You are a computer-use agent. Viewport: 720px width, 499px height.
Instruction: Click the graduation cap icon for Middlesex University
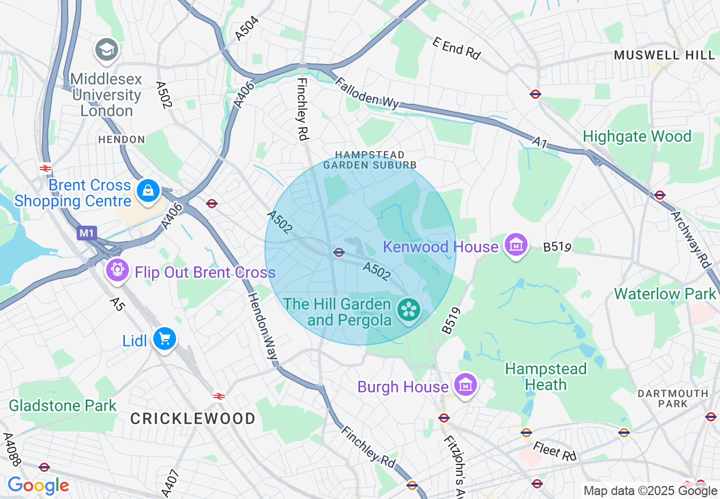tap(107, 50)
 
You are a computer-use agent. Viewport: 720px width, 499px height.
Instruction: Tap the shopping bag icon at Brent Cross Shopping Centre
tap(148, 191)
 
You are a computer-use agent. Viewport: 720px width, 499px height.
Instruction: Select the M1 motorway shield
tap(87, 233)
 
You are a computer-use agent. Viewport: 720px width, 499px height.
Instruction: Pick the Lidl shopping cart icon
tap(165, 339)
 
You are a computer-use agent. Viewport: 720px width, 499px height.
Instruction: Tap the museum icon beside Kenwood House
tap(516, 246)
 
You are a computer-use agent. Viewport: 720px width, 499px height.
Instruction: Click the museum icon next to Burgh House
tap(466, 386)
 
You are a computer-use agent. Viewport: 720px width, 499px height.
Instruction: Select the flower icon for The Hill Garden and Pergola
tap(408, 310)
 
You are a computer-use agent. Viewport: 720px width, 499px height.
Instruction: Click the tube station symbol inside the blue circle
tap(339, 252)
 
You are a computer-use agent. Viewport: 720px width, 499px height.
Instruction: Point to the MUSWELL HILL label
tap(664, 55)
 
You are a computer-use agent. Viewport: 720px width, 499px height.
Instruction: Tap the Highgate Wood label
tap(637, 137)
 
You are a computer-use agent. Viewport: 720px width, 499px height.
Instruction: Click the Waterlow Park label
tap(665, 294)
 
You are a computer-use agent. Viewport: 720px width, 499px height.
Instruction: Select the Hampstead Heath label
tap(545, 377)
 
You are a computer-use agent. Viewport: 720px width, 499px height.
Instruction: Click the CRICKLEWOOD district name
tap(192, 419)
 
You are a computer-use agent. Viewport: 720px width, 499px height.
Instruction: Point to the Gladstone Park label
tap(62, 405)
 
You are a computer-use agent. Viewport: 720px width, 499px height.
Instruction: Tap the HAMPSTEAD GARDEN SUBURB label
tap(370, 159)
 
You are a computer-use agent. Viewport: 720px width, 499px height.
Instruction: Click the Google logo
tap(38, 486)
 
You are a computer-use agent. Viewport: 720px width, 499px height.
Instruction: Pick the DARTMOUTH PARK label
tap(672, 399)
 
